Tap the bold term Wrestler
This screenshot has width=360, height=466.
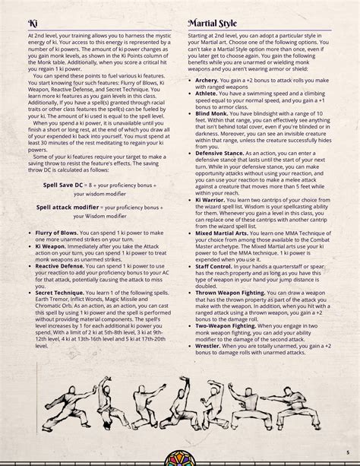click(209, 390)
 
